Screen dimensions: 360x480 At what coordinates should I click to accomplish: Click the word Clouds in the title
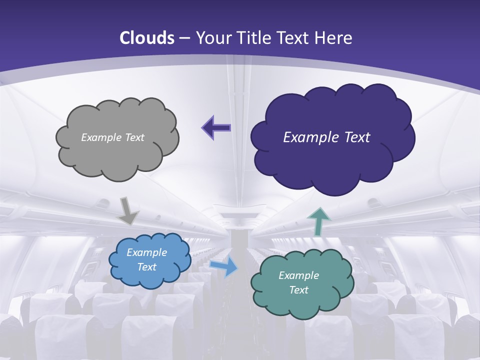point(147,38)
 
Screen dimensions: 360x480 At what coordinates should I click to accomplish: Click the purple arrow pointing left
point(216,128)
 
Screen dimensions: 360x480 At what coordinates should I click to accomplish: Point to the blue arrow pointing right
point(223,267)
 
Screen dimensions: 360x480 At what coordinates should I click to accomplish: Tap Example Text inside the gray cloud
point(112,137)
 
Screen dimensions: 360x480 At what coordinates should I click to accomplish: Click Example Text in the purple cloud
point(326,137)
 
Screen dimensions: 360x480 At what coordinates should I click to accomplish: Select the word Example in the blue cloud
point(146,252)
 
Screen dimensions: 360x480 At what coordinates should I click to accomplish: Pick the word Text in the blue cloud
point(146,267)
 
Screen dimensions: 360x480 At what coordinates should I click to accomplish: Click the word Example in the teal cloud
point(298,275)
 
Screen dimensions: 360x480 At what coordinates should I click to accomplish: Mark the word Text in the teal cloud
point(298,290)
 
